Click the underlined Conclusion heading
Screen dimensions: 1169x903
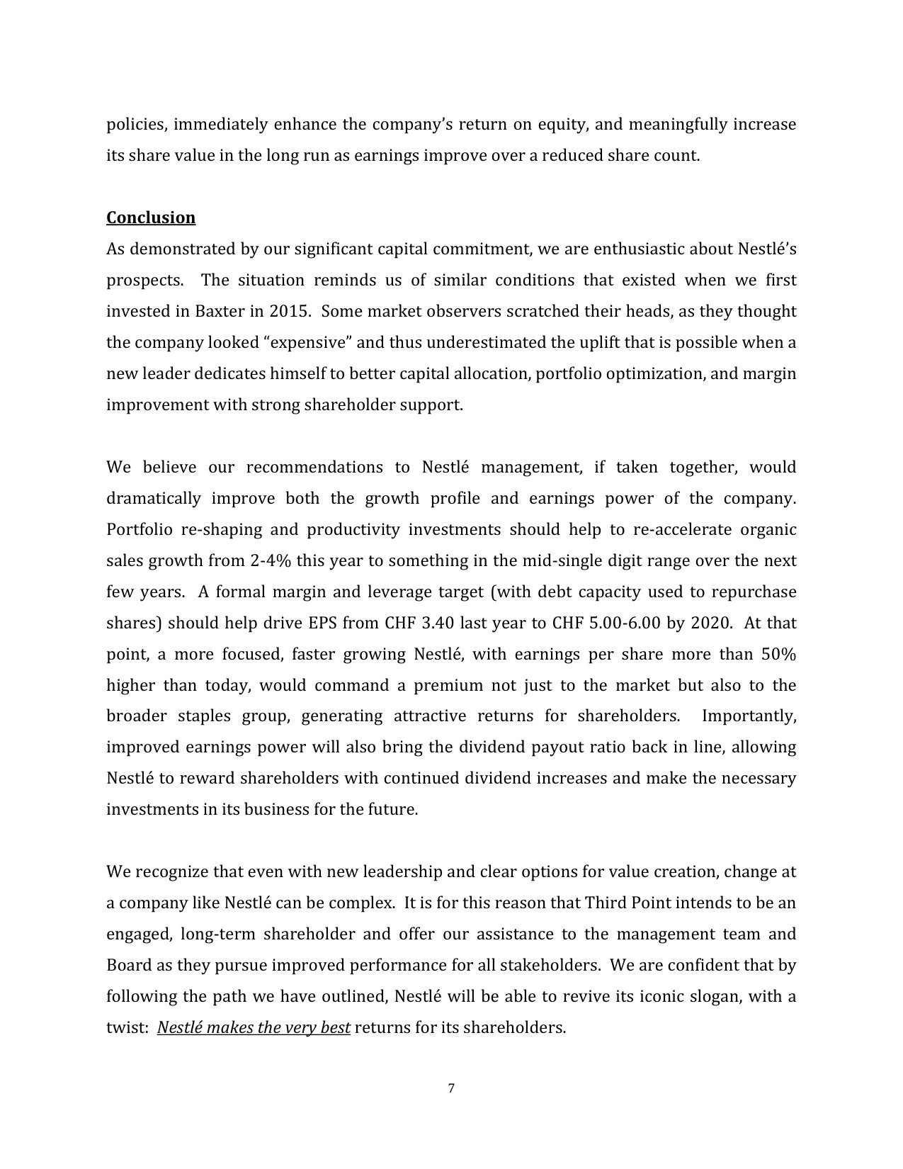tap(151, 218)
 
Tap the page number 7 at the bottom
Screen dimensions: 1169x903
tap(451, 1088)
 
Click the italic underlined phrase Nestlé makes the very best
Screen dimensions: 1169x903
tap(254, 1027)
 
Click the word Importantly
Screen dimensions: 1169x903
tap(749, 716)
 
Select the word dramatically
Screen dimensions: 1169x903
tap(154, 499)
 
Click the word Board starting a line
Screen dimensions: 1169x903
tap(127, 966)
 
